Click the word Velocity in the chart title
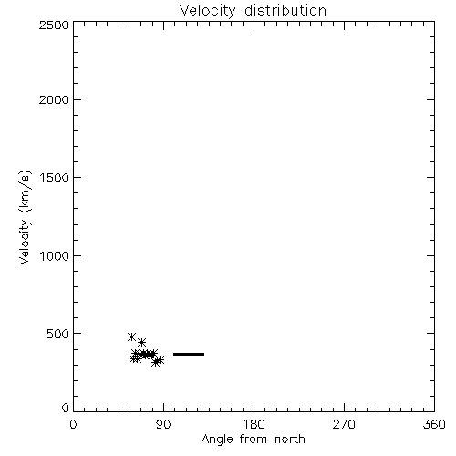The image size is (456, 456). click(207, 11)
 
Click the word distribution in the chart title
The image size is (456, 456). click(285, 10)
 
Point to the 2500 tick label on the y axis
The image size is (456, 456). click(54, 25)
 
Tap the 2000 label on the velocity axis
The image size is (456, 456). click(54, 99)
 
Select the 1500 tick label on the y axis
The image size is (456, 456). click(55, 178)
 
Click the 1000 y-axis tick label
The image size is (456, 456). click(55, 256)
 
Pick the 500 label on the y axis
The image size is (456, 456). click(57, 334)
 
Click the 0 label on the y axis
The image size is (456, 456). click(66, 408)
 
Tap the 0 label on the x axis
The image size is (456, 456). click(73, 424)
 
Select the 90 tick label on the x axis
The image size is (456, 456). click(163, 424)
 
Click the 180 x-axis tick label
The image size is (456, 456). click(254, 424)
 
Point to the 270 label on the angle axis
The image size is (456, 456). click(344, 424)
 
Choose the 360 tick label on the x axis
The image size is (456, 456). click(434, 424)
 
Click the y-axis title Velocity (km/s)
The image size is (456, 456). click(25, 217)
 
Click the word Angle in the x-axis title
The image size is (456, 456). click(217, 440)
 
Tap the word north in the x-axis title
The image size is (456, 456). click(290, 440)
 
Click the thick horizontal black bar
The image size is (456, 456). click(189, 354)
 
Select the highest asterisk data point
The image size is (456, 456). click(131, 337)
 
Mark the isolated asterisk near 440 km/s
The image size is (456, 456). click(141, 343)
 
